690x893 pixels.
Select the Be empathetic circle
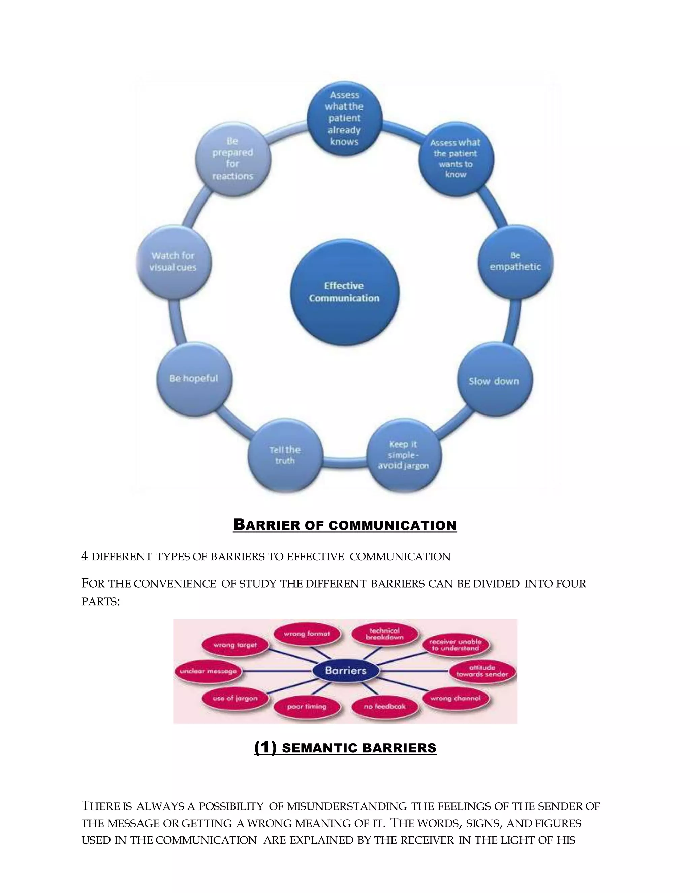(515, 262)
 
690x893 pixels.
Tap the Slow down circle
(494, 381)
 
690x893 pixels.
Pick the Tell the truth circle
(285, 455)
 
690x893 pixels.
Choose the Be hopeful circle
(194, 379)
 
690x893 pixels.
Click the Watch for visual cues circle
(173, 262)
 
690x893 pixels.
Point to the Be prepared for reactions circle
(232, 159)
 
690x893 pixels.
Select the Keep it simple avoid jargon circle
(403, 455)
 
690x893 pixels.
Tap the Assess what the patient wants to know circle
(456, 159)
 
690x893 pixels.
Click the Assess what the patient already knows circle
(345, 119)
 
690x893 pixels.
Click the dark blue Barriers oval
(345, 671)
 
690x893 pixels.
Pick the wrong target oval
(235, 645)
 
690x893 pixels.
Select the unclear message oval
(208, 671)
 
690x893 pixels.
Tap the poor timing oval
(307, 707)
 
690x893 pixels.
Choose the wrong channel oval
(455, 698)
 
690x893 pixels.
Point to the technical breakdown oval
(385, 634)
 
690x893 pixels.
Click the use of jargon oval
(235, 698)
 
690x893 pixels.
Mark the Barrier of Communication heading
(345, 525)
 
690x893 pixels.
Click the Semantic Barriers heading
(345, 748)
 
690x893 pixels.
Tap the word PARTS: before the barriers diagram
(100, 602)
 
